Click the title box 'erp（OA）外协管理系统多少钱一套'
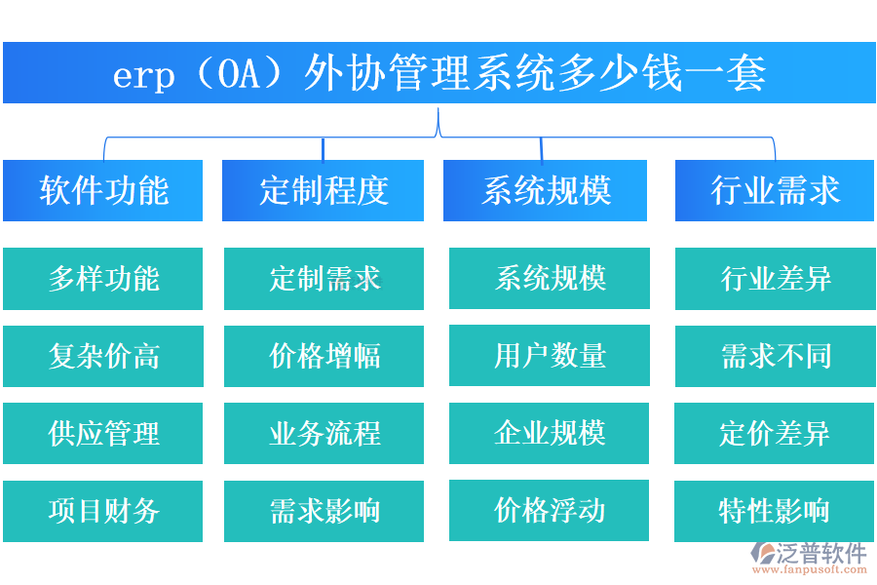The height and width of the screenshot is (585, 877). [x=438, y=73]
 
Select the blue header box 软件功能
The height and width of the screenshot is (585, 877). [x=103, y=190]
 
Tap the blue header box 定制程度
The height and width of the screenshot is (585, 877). [x=324, y=190]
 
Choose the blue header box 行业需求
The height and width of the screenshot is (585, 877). [x=775, y=190]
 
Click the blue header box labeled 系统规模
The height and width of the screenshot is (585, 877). [x=545, y=190]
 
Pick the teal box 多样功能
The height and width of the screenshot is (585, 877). [x=103, y=279]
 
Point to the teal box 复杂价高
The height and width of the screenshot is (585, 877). [x=103, y=356]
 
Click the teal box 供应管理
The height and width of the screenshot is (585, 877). [x=103, y=433]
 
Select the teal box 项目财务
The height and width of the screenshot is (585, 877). [x=103, y=511]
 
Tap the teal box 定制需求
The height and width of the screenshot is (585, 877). [x=324, y=279]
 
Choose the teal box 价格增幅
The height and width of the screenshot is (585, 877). [x=324, y=356]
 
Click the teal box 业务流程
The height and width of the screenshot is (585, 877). [x=324, y=433]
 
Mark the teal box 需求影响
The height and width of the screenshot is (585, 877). [x=324, y=511]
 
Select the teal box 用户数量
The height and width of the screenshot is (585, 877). [x=549, y=356]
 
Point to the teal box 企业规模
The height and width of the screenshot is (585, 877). [x=549, y=433]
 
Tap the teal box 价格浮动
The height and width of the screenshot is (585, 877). [x=549, y=510]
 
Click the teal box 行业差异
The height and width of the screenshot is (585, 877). [x=775, y=279]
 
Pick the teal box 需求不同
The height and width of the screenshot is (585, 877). [x=775, y=356]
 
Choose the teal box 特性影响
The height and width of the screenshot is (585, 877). [x=775, y=511]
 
